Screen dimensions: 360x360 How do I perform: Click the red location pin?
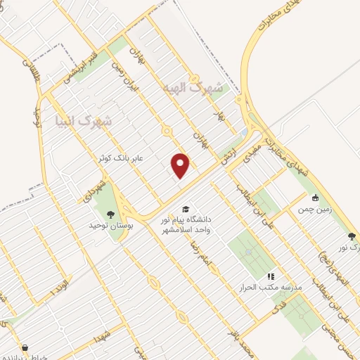[181, 165]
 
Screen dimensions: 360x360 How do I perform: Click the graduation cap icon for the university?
[186, 208]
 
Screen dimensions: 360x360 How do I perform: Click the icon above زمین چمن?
[315, 198]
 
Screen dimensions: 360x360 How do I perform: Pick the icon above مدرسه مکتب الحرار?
[271, 276]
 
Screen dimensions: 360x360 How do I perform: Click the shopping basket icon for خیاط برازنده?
[25, 347]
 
